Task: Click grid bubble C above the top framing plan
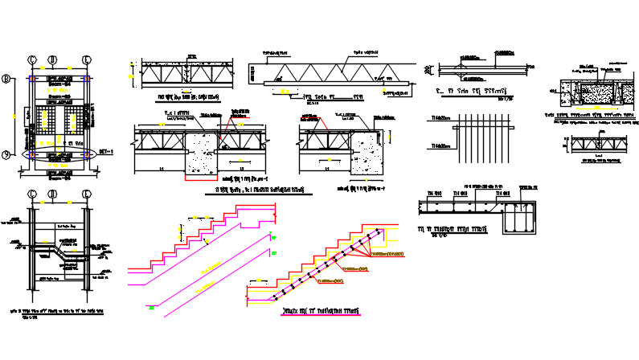(x=33, y=59)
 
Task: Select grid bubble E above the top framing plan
(x=86, y=59)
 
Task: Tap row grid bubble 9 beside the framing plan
(x=6, y=154)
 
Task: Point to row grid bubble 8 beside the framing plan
(x=6, y=79)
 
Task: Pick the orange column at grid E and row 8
(x=86, y=79)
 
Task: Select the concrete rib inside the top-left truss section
(x=186, y=74)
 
